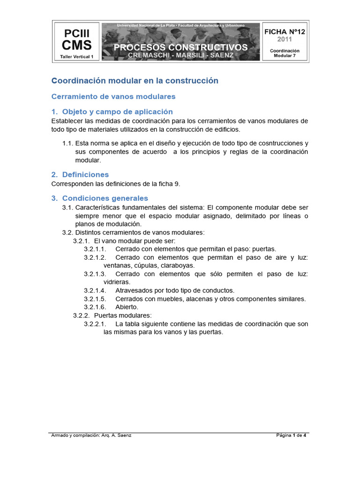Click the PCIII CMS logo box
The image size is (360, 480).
[76, 42]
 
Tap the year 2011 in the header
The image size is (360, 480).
[285, 39]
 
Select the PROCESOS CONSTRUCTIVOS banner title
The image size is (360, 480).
[180, 47]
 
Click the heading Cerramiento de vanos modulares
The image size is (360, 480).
[113, 96]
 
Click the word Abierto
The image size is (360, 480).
[127, 307]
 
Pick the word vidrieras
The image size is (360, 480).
[117, 282]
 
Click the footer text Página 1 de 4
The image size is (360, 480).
[291, 435]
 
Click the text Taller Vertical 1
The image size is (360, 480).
[77, 57]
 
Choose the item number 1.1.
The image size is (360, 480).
[68, 143]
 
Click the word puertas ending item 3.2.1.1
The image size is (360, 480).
[264, 249]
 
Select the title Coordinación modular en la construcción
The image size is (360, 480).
[135, 81]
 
